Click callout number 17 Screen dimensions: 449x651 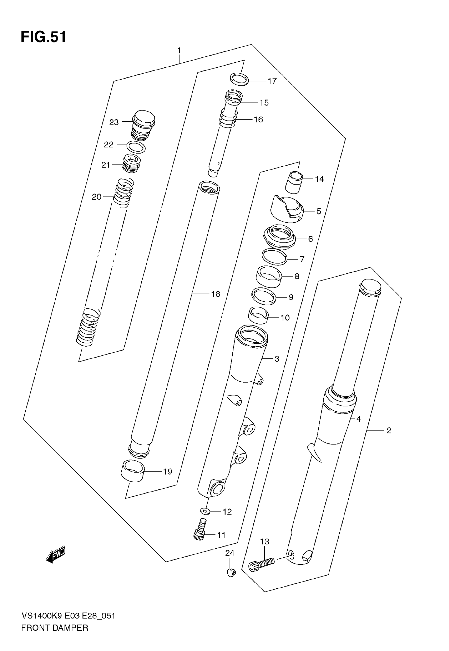[x=272, y=81]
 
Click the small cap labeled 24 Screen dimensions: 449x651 [x=231, y=572]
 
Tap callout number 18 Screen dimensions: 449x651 [x=216, y=294]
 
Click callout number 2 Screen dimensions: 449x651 [x=389, y=430]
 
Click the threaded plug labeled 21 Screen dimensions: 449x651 [x=132, y=164]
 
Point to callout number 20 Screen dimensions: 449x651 [x=96, y=197]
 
